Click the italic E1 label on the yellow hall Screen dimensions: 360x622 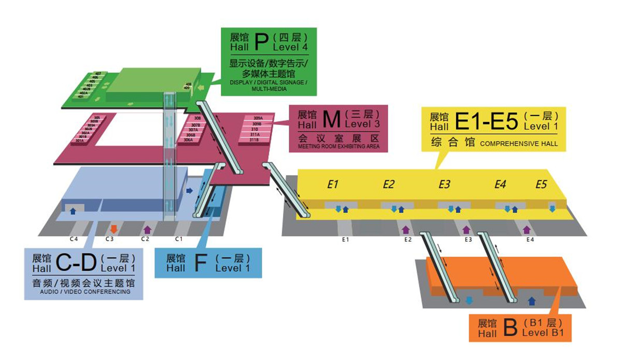[x=333, y=184]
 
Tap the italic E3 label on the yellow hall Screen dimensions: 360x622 [x=444, y=184]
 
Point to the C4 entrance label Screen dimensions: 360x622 [x=74, y=239]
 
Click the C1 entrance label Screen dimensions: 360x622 [x=179, y=239]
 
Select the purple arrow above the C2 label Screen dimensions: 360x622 [x=147, y=229]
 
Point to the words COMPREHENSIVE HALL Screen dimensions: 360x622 [x=519, y=144]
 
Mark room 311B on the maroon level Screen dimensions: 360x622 [x=254, y=140]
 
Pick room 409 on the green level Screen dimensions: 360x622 [x=187, y=88]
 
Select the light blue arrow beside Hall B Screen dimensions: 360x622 [x=470, y=300]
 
